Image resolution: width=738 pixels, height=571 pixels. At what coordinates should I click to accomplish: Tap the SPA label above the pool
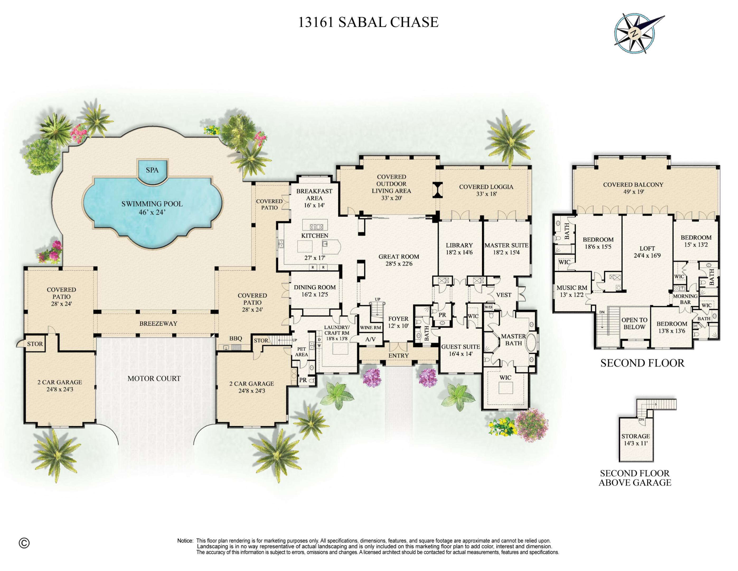coord(152,170)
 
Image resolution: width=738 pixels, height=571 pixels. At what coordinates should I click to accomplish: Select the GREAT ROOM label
coord(399,260)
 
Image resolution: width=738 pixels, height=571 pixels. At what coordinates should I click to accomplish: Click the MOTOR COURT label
coord(154,379)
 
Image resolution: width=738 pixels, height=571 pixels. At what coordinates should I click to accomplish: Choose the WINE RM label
coord(370,328)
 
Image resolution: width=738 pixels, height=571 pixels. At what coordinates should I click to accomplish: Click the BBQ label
coord(236,338)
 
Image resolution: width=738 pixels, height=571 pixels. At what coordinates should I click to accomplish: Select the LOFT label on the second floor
coord(647,252)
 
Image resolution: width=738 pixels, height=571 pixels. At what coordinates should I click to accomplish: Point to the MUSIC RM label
coord(572,291)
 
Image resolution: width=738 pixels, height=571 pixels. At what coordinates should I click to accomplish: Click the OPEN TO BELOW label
coord(634,323)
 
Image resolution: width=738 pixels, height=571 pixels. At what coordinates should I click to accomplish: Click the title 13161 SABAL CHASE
coord(368,22)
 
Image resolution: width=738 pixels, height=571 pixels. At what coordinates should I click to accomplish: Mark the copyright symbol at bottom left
coord(24,543)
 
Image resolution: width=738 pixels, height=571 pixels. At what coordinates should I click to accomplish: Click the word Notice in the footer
coord(185,541)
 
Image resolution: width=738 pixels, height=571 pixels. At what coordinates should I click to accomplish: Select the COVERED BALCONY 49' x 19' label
coord(633,188)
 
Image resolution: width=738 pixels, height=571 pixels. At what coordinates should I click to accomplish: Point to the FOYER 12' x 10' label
coord(398,322)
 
